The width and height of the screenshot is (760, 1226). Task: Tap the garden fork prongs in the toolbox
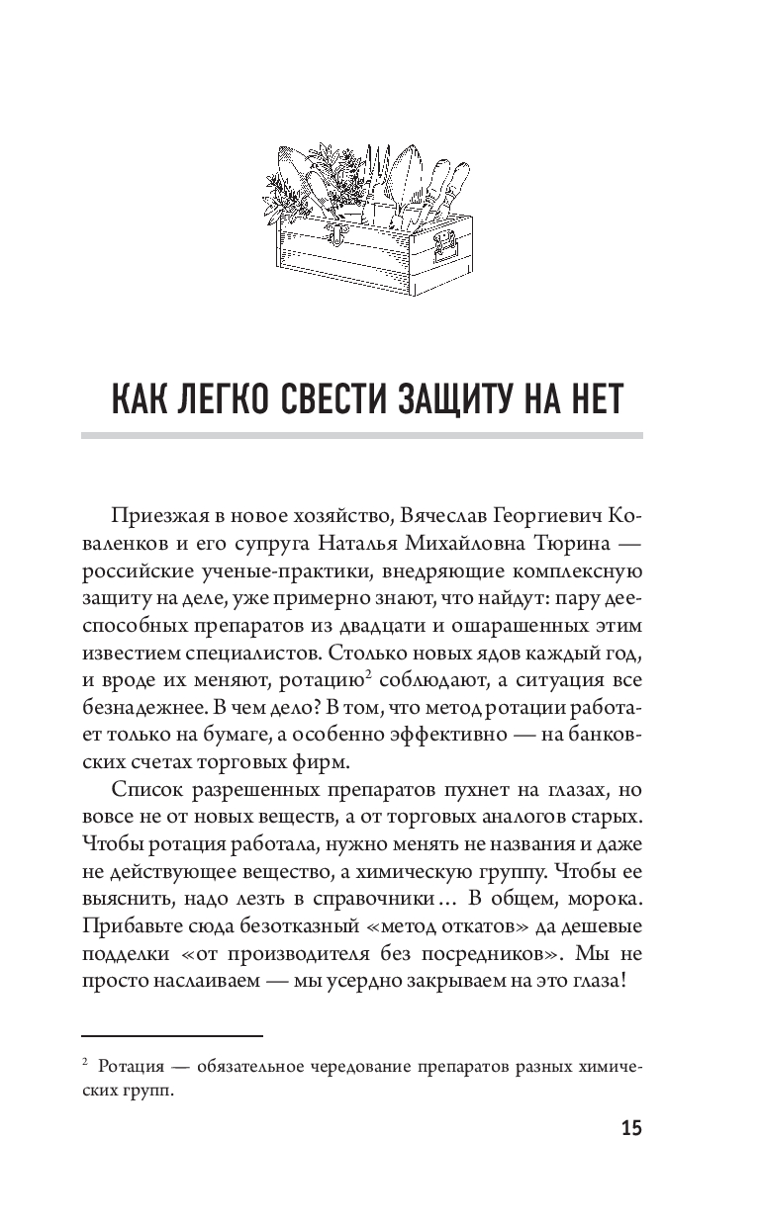click(x=377, y=160)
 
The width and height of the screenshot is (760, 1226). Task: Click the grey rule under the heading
click(x=361, y=434)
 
